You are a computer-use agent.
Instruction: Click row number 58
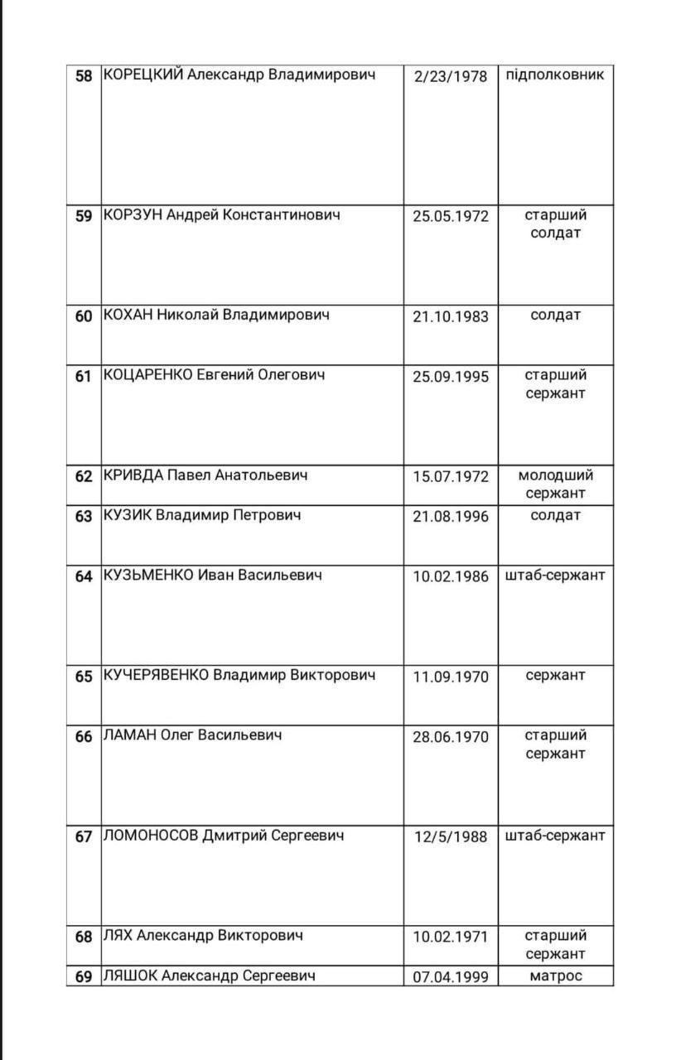(x=84, y=76)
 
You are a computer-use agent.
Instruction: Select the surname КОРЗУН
(x=133, y=215)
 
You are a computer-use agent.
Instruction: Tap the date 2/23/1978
(x=451, y=77)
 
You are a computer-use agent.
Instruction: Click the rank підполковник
(x=555, y=75)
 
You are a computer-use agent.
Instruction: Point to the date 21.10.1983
(x=451, y=316)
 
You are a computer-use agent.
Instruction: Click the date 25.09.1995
(x=451, y=377)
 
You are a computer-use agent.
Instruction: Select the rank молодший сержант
(x=555, y=484)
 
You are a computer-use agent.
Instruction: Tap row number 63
(x=84, y=517)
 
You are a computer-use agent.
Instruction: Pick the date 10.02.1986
(x=451, y=577)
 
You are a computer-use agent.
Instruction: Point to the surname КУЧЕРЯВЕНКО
(x=157, y=675)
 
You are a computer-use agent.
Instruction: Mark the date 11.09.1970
(x=451, y=677)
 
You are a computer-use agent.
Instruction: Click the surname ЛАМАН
(x=129, y=735)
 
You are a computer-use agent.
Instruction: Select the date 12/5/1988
(x=451, y=836)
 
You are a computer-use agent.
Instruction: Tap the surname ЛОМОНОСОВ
(x=151, y=836)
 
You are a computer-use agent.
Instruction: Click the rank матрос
(x=555, y=976)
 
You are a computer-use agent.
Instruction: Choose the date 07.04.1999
(x=451, y=977)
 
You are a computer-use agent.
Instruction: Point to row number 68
(x=84, y=937)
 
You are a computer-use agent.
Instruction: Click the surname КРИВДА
(x=133, y=476)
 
